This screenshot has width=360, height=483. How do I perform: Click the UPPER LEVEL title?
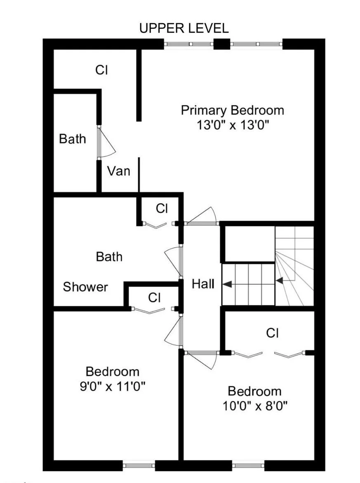pos(184,28)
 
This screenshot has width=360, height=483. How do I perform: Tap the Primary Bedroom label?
pos(233,110)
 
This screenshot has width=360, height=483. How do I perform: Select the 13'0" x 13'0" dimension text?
pos(233,125)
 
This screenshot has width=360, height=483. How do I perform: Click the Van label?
pos(119,171)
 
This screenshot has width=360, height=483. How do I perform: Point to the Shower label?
pos(85,287)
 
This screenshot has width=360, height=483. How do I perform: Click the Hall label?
pos(203,284)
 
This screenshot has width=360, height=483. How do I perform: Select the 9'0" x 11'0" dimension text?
pos(113,386)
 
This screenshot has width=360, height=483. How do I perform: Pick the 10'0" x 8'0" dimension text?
pos(254,406)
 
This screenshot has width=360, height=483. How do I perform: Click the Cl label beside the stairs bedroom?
pos(272,333)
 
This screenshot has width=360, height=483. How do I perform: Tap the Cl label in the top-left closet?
pos(101,70)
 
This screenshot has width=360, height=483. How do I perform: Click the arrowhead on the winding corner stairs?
pos(279,281)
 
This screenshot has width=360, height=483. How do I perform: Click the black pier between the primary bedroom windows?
pos(221,44)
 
